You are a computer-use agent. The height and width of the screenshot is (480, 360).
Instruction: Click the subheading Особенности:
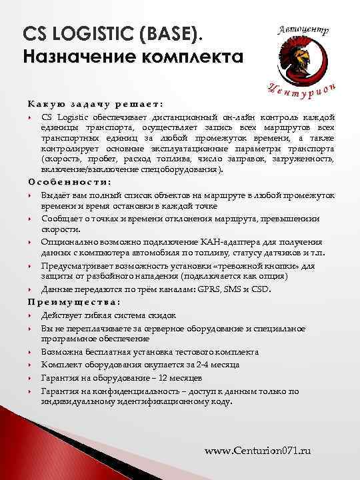(69, 181)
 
